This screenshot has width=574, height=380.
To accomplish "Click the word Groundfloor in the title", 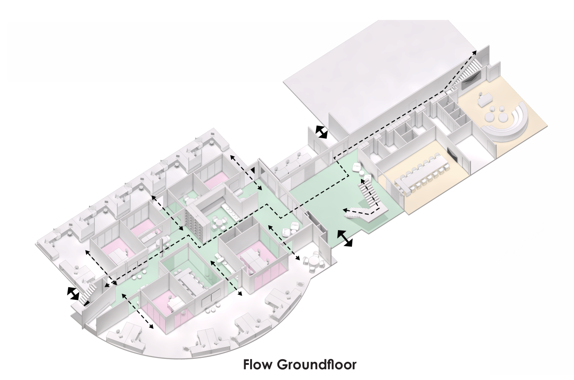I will [x=316, y=365].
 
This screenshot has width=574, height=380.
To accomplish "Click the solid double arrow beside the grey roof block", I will [x=321, y=132].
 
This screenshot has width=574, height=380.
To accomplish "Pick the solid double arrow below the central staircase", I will [x=345, y=239].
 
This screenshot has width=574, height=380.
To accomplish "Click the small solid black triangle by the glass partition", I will [x=254, y=169].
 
